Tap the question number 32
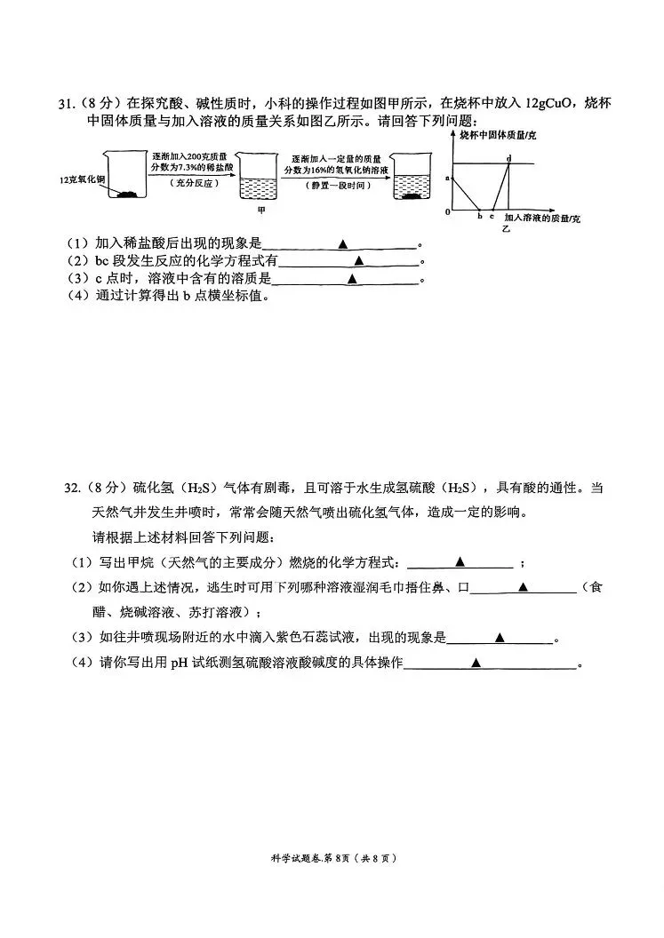tap(72, 489)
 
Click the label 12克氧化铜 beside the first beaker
tap(82, 179)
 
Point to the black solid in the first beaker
tap(130, 194)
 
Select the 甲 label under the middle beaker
tap(261, 210)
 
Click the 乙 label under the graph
tap(506, 228)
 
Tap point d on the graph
tap(509, 158)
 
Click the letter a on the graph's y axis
tap(447, 178)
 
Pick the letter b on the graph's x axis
tap(480, 216)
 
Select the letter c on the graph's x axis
tap(492, 217)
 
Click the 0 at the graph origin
tap(447, 211)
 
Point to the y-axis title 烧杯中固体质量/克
tap(498, 136)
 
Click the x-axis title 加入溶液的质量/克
tap(542, 219)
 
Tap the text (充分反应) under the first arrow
tap(195, 183)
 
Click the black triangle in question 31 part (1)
tap(343, 244)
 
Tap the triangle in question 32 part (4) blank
tap(476, 663)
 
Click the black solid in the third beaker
tap(414, 196)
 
